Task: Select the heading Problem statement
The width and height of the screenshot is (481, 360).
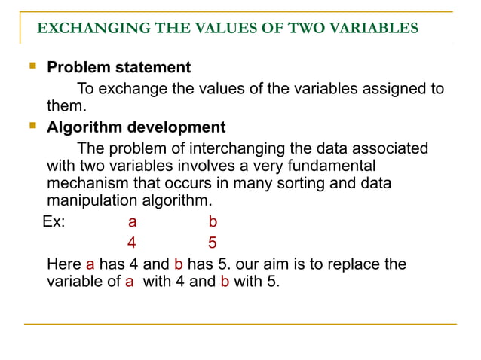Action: point(119,67)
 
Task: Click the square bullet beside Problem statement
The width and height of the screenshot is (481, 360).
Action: point(32,66)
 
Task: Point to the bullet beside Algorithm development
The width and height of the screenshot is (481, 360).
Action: point(32,126)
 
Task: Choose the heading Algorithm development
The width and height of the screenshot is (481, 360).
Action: point(136,127)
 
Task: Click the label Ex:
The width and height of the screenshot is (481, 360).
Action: point(54,222)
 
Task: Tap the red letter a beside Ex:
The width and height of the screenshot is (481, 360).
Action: point(132,222)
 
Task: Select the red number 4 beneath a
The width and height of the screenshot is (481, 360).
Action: point(132,243)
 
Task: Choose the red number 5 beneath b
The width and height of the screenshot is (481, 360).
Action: point(212,243)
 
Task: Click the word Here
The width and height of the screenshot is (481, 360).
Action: point(64,264)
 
